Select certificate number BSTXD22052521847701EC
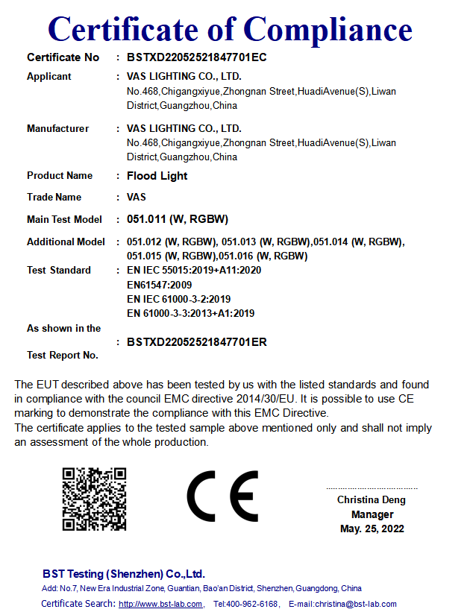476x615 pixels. click(x=197, y=57)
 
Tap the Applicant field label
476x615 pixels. click(x=49, y=76)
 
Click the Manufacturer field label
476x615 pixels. click(x=57, y=128)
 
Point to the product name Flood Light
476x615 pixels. click(x=157, y=176)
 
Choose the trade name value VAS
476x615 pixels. click(x=137, y=198)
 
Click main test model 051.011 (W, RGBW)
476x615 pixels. click(x=178, y=219)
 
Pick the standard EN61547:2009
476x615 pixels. click(x=160, y=285)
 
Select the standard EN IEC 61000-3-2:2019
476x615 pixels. click(x=178, y=299)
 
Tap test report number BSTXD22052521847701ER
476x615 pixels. click(x=197, y=342)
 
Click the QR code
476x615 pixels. click(x=94, y=499)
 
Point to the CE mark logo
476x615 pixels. click(x=222, y=496)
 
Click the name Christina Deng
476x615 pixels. click(x=372, y=500)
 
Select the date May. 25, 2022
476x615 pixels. click(x=372, y=529)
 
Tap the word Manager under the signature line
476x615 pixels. click(x=372, y=514)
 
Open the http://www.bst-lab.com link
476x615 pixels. click(x=160, y=604)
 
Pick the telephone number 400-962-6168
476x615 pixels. click(x=252, y=604)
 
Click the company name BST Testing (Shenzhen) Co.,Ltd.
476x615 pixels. click(x=124, y=574)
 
